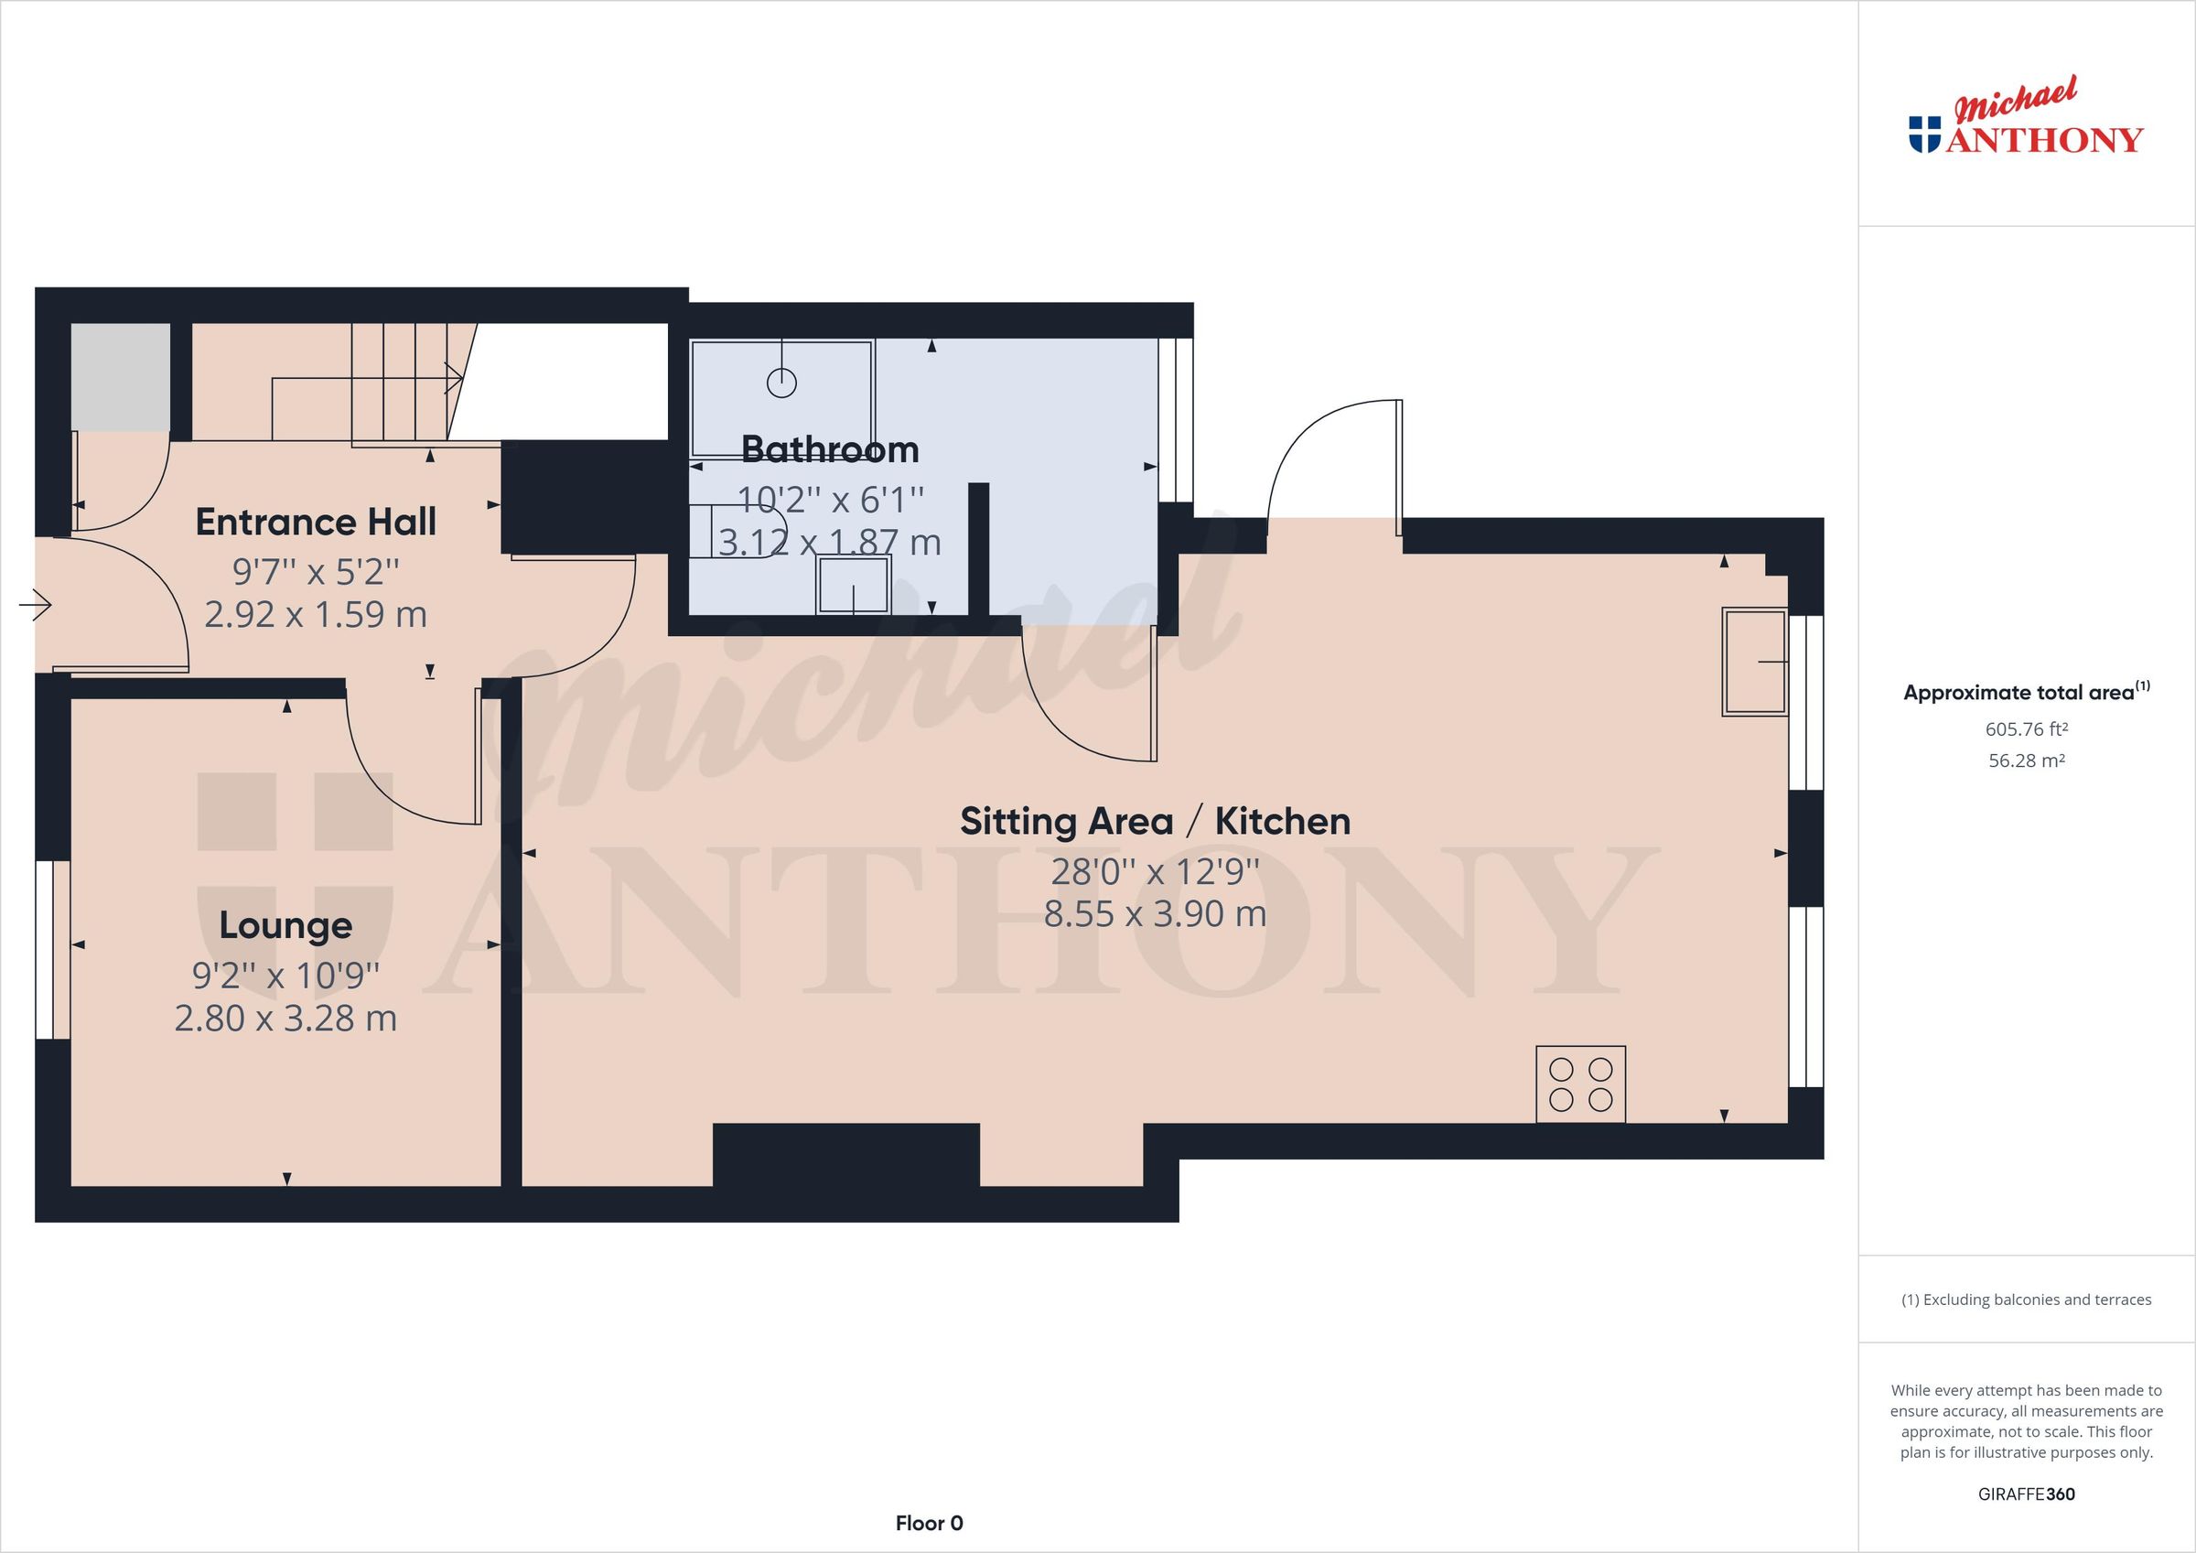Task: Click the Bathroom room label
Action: click(829, 449)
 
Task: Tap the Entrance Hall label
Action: click(316, 523)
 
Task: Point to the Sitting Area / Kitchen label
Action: click(1155, 822)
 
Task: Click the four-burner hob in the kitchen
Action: click(1580, 1084)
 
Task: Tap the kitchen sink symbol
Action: click(1755, 662)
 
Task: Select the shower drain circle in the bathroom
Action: click(781, 383)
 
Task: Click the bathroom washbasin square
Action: click(852, 586)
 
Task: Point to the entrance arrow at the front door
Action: click(36, 605)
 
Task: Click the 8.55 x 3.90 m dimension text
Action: click(1155, 915)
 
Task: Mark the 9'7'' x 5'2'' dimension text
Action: click(316, 572)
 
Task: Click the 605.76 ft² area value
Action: click(2026, 729)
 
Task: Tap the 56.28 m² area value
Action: click(2026, 761)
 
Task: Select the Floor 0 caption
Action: click(929, 1524)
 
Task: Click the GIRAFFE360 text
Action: click(2026, 1494)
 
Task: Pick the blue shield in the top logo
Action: click(1924, 134)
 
